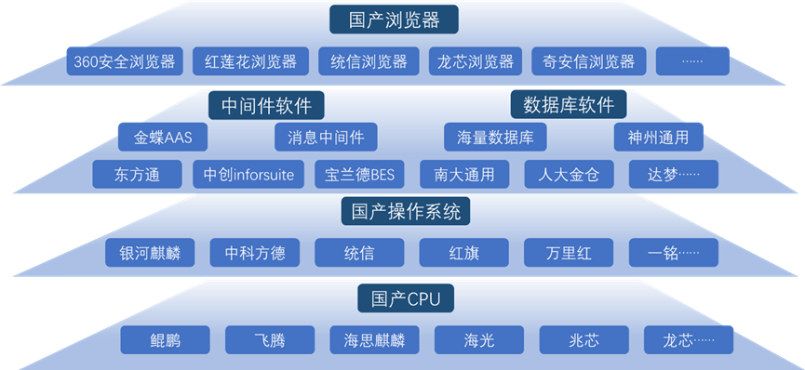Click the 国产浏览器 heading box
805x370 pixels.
click(x=396, y=19)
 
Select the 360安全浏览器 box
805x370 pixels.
click(x=126, y=62)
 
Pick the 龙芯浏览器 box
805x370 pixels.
click(x=476, y=62)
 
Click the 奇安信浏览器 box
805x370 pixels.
click(x=589, y=62)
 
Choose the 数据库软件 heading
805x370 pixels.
click(x=569, y=103)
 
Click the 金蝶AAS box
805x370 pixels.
click(x=162, y=138)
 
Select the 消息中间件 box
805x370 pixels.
click(x=326, y=138)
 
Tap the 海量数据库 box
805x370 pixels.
click(x=495, y=138)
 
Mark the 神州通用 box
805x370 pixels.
click(x=658, y=138)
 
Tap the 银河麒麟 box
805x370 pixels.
click(x=150, y=252)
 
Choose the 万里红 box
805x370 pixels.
click(x=569, y=252)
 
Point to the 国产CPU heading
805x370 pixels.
click(x=405, y=298)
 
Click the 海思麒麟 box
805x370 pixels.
click(x=374, y=339)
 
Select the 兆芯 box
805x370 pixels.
click(x=584, y=339)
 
